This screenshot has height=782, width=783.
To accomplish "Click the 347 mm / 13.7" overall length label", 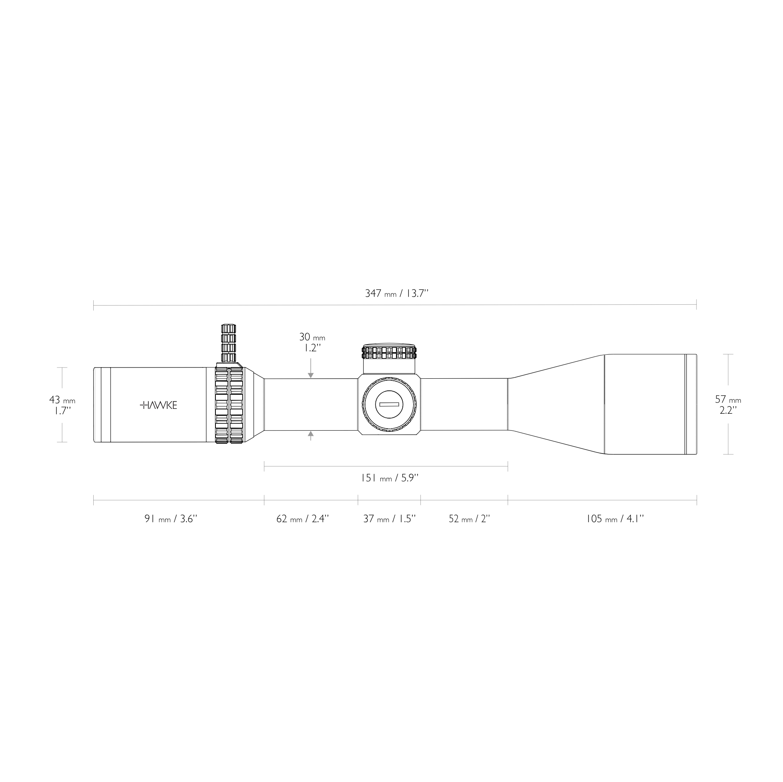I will coord(396,294).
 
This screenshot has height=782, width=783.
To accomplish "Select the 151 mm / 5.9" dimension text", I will coord(389,478).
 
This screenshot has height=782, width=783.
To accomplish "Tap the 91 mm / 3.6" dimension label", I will coord(170,519).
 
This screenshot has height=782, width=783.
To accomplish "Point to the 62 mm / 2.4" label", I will coord(302,519).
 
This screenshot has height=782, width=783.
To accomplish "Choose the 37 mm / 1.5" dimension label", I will coord(389,519).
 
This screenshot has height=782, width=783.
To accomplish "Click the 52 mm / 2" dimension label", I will coord(469,519).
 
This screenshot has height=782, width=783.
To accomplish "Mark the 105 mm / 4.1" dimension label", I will coord(615,519).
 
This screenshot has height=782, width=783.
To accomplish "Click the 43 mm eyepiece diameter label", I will coord(62,400).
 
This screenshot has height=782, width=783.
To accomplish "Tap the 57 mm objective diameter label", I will coord(728,400).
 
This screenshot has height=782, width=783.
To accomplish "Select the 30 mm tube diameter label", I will coord(312,337).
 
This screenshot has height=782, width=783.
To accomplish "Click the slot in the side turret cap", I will coord(389,404).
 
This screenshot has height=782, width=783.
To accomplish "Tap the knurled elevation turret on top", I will coord(389,352).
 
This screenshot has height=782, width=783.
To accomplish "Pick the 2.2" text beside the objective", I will coord(728,410).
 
